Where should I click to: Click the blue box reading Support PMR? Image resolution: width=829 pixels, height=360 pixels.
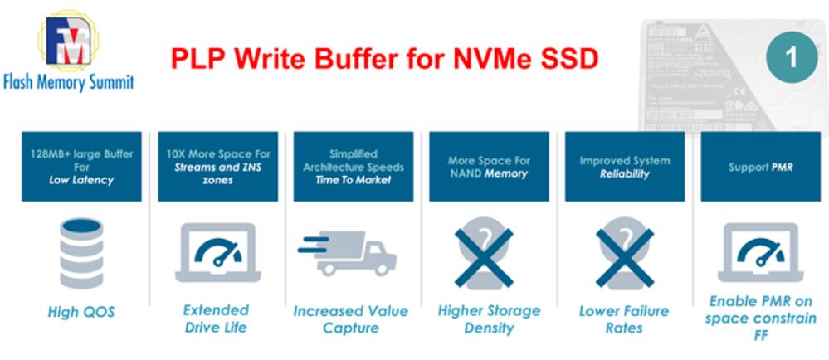(760, 167)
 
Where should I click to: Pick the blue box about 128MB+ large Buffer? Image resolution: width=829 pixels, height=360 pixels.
(81, 167)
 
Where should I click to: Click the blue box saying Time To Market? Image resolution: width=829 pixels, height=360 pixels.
(354, 167)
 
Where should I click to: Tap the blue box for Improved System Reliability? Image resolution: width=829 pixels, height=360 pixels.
(625, 167)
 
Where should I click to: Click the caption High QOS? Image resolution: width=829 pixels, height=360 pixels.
(80, 312)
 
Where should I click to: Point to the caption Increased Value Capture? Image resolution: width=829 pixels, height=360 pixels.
(350, 319)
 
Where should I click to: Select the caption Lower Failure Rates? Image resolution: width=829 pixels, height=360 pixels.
(624, 319)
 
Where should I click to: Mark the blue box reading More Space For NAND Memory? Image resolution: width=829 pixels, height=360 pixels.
(489, 167)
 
